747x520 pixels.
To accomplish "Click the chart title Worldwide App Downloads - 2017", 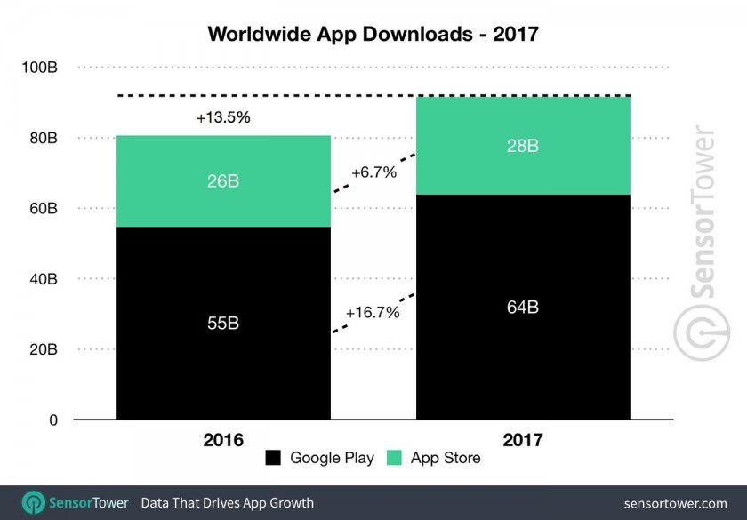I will click(373, 35).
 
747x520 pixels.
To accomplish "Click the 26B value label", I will click(222, 181).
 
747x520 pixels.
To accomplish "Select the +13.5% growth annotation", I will click(222, 117).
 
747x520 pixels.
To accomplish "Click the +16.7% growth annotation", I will click(372, 313).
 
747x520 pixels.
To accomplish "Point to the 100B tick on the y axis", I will click(40, 68).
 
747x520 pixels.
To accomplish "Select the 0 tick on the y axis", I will click(53, 420).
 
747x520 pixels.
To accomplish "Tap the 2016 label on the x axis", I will click(222, 439).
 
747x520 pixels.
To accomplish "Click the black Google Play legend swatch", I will click(274, 459).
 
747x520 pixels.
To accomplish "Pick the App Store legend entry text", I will click(445, 459).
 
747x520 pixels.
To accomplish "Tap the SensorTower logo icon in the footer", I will click(34, 502).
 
